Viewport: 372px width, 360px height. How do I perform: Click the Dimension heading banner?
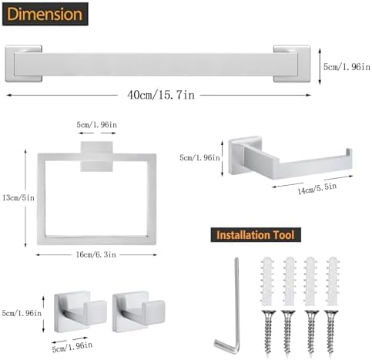(45, 14)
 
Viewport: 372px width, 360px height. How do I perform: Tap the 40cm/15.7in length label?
(161, 95)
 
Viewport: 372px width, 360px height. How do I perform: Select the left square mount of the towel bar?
(24, 63)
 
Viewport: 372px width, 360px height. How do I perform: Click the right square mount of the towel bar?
(292, 63)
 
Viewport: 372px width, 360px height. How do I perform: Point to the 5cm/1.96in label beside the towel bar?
(347, 67)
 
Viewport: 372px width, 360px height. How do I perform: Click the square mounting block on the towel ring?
(97, 156)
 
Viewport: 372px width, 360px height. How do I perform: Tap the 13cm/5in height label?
(18, 197)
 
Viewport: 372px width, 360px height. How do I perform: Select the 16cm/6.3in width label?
(96, 254)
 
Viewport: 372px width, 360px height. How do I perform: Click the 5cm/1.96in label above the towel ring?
(97, 125)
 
